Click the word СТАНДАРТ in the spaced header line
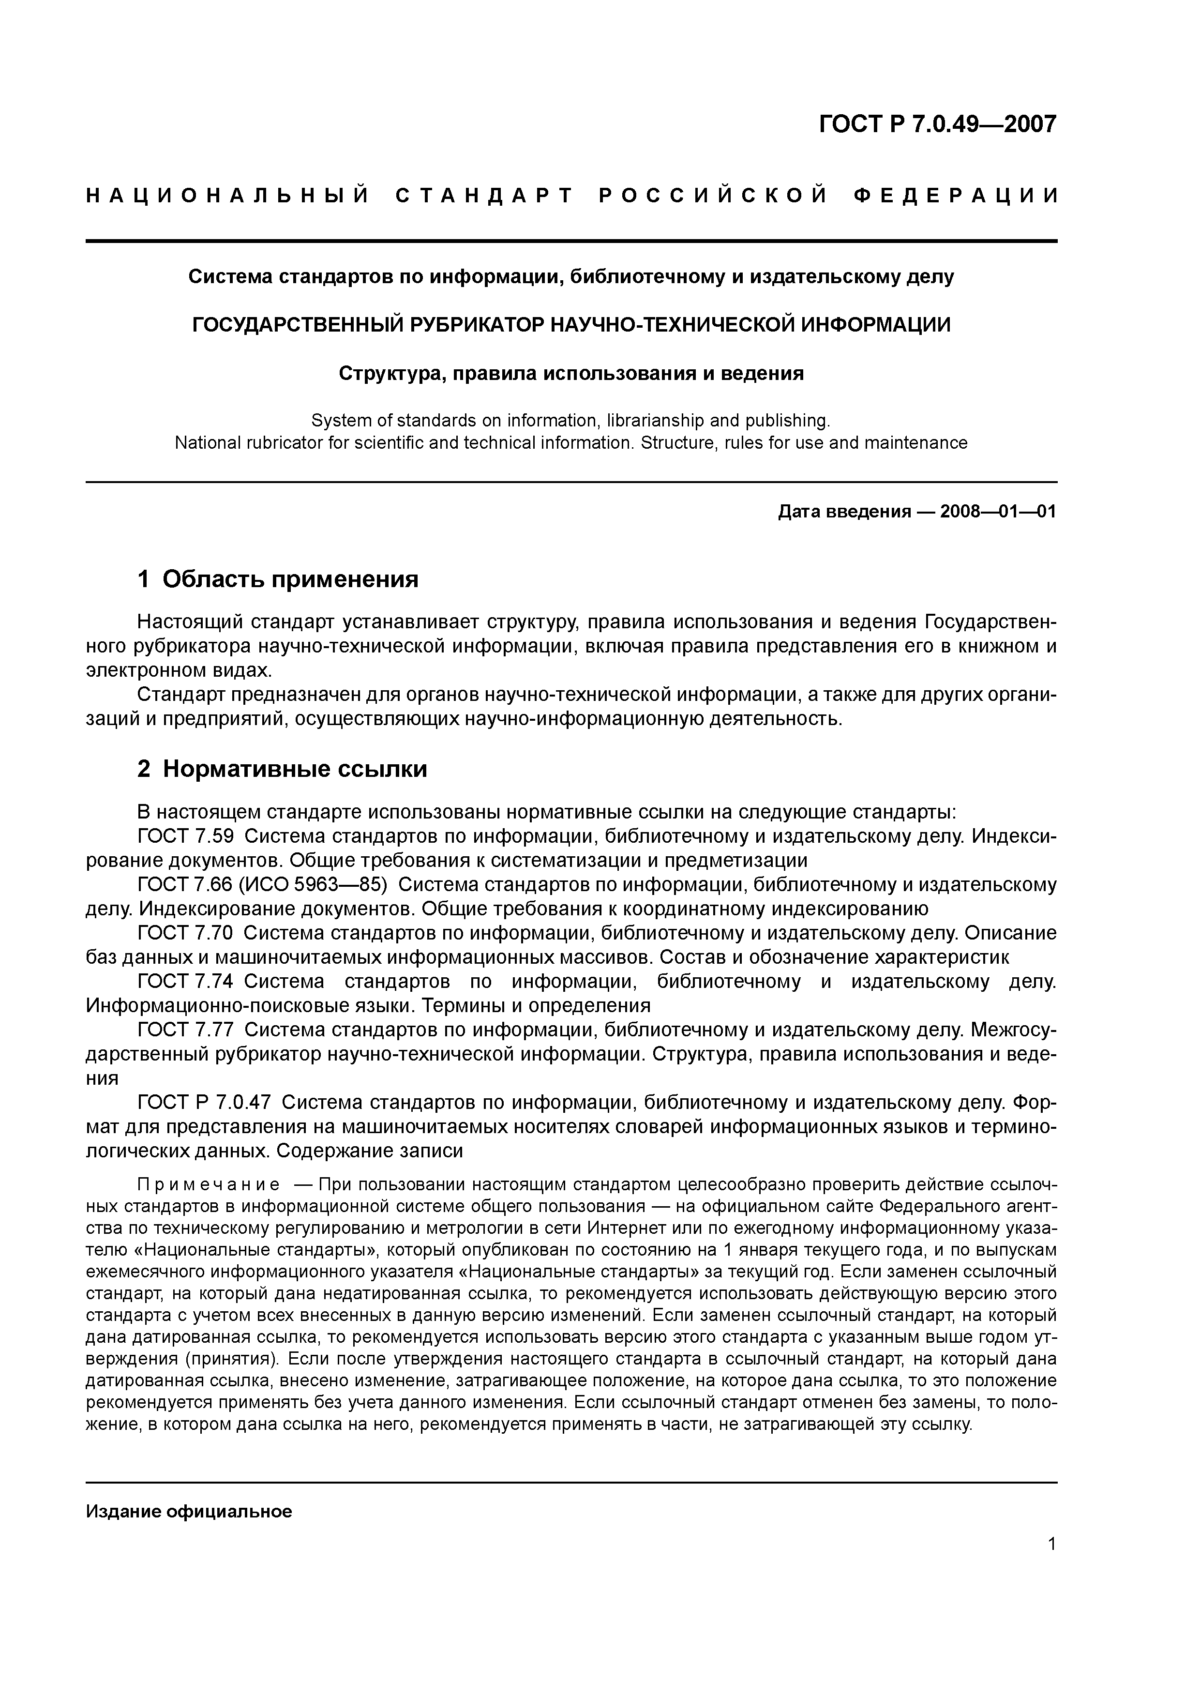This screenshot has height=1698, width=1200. click(x=485, y=196)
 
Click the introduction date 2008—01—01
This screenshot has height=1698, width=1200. click(x=998, y=511)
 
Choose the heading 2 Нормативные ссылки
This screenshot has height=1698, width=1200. click(x=283, y=769)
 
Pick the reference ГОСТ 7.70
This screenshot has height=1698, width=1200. click(x=186, y=933)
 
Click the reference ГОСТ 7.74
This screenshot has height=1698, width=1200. click(x=186, y=981)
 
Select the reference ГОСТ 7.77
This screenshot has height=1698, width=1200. click(x=186, y=1030)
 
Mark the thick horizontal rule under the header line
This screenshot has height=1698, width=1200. click(x=571, y=241)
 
